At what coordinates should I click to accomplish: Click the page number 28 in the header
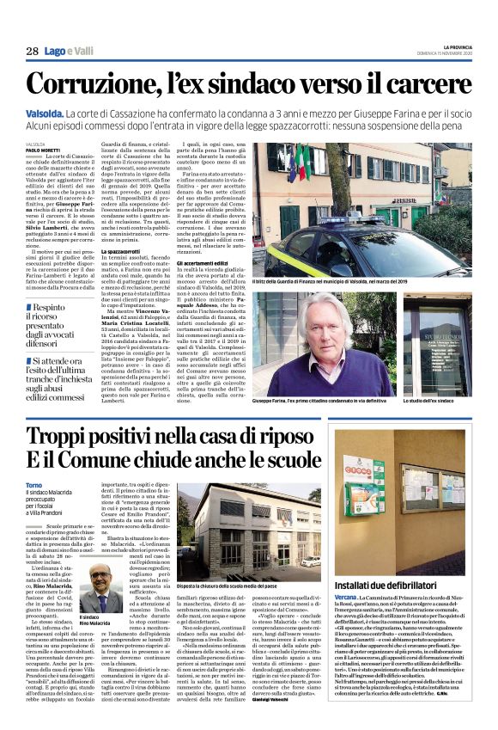[x=32, y=52]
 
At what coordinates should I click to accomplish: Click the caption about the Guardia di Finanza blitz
[x=325, y=283]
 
